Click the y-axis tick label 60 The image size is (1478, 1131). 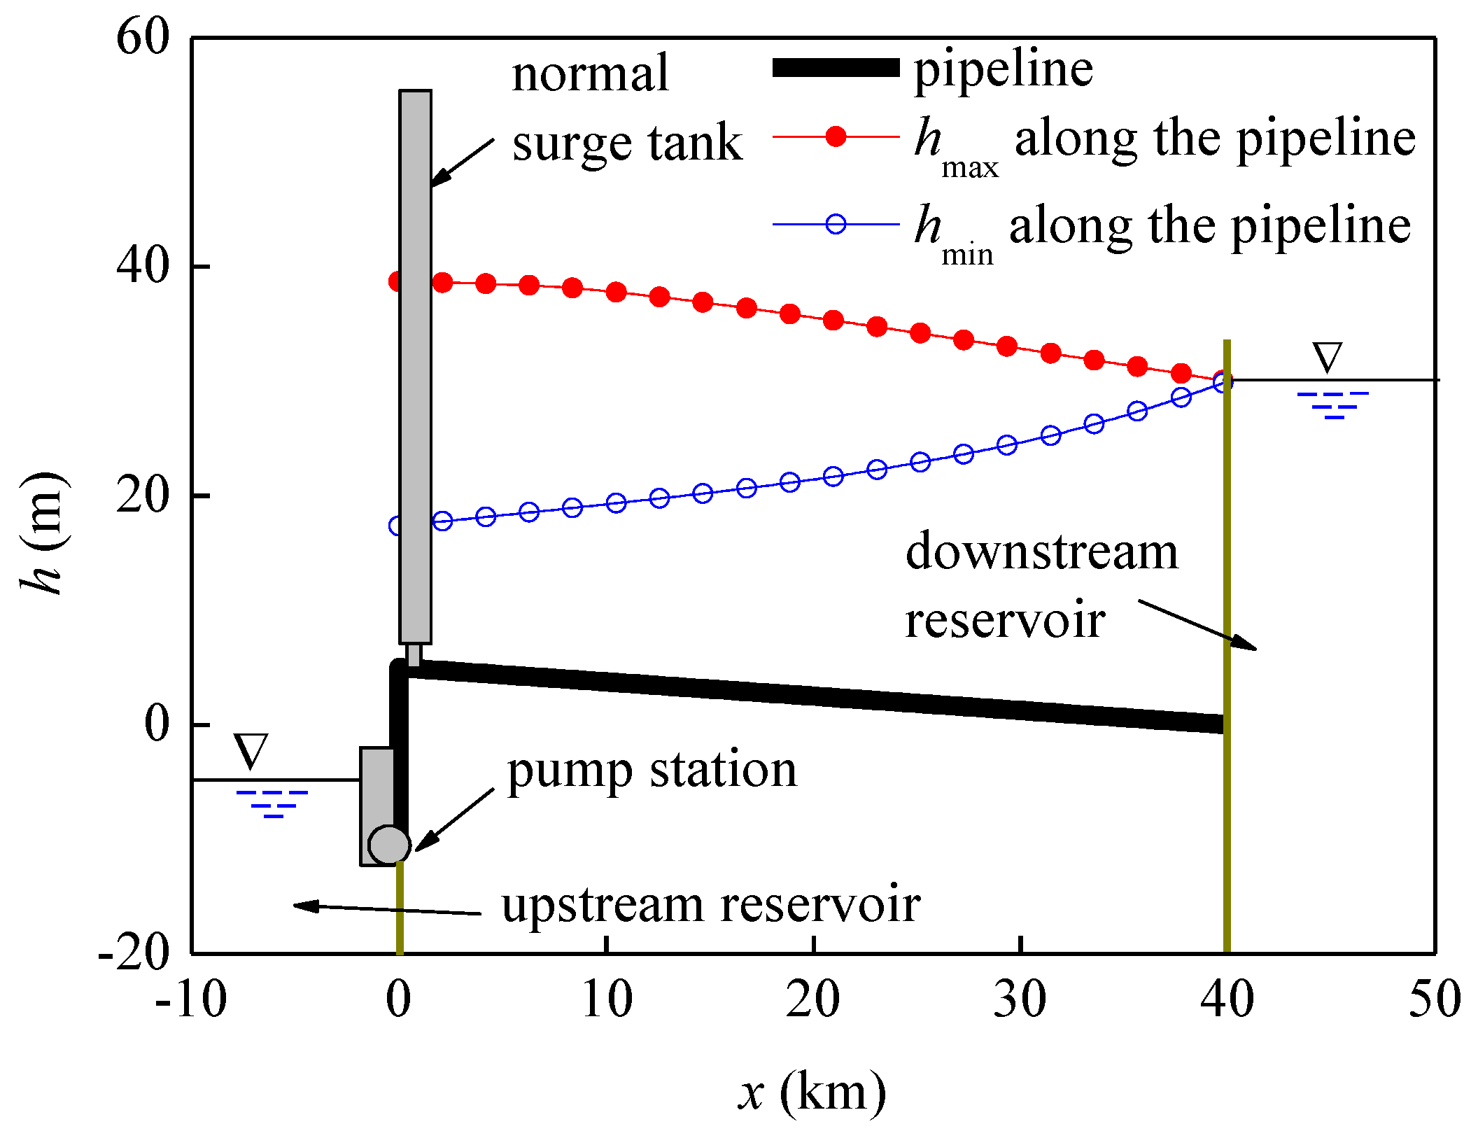143,37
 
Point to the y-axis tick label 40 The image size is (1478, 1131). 143,266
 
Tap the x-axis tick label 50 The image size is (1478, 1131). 1435,999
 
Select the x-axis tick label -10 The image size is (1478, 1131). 191,999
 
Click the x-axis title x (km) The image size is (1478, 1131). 812,1092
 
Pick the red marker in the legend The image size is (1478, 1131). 836,136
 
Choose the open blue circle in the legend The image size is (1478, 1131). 836,224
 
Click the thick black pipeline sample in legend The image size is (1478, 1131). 836,68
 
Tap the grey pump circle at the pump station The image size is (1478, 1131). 389,844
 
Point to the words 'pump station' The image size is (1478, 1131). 652,771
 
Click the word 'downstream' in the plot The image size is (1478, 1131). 1041,552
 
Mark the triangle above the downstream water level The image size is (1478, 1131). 1327,357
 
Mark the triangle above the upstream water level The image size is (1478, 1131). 251,752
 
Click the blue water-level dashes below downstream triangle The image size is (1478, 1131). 1333,405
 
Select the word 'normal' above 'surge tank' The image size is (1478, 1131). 590,73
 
